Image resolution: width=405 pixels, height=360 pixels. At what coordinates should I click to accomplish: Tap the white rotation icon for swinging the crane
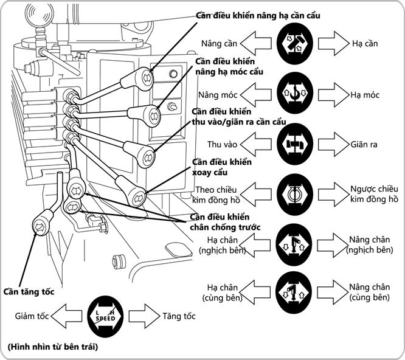(x=294, y=194)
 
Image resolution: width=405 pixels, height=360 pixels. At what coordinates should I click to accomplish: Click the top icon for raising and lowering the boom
(x=294, y=44)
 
